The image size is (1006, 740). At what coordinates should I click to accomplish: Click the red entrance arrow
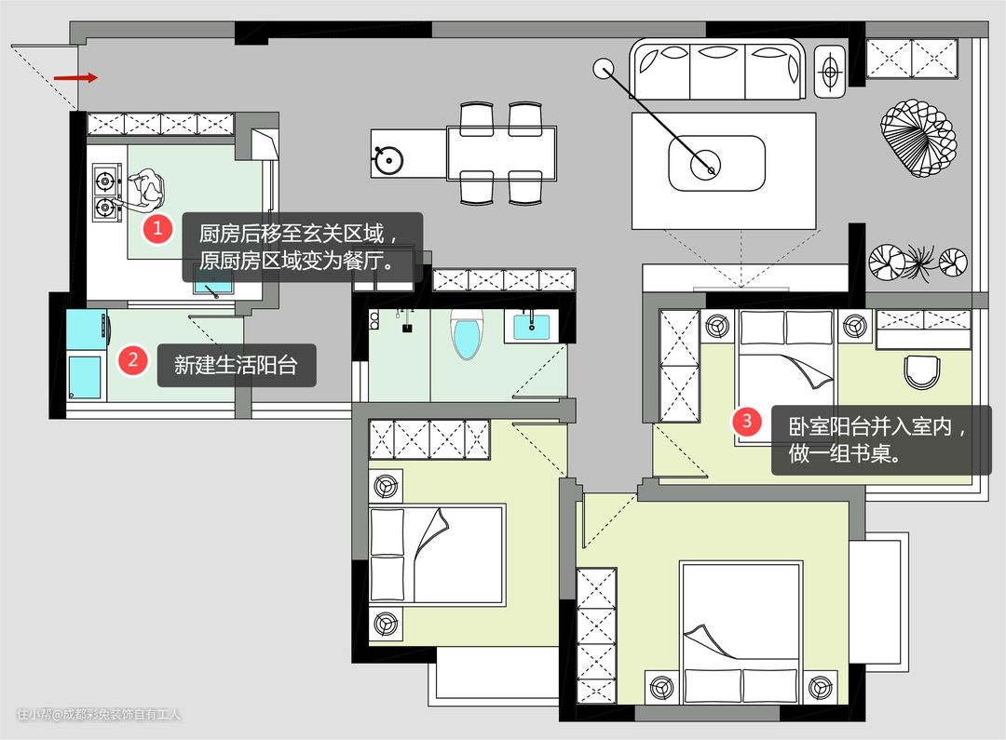(x=75, y=78)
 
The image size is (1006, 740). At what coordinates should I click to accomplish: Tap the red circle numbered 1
(x=157, y=228)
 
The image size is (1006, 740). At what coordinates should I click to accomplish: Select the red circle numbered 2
(x=133, y=359)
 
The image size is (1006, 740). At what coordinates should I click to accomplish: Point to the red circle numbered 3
(x=747, y=421)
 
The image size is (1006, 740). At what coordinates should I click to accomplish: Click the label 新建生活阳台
(x=236, y=365)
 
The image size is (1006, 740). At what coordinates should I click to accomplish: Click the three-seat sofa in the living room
(x=717, y=69)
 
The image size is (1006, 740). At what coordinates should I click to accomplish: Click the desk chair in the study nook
(x=922, y=373)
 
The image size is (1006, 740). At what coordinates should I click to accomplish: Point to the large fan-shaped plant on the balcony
(x=918, y=139)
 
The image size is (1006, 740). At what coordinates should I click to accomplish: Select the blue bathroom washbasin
(x=531, y=327)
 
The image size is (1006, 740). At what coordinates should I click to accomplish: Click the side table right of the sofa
(x=830, y=71)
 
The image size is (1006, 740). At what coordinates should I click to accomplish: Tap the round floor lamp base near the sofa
(x=602, y=68)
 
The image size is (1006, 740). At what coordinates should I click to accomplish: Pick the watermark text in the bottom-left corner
(x=99, y=714)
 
